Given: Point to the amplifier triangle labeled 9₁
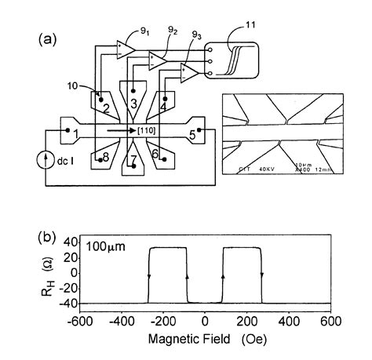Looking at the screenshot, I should pos(125,49).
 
